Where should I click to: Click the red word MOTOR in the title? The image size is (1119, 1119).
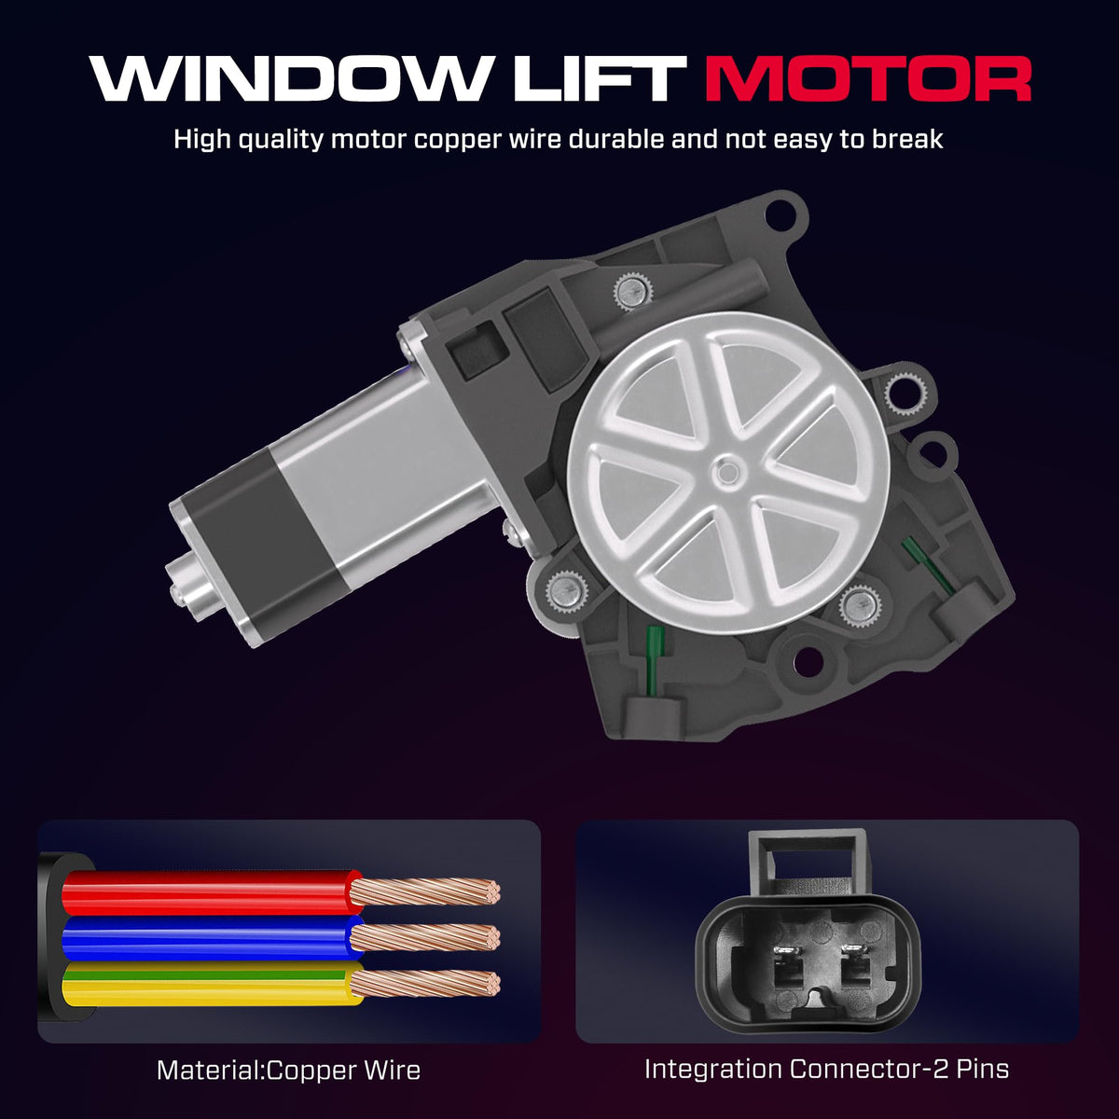coord(867,78)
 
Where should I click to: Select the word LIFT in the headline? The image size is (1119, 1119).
coord(598,78)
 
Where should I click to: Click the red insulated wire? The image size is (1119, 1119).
coord(210,892)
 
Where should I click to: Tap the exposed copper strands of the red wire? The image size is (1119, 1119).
coord(425,892)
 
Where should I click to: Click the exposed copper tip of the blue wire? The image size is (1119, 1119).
coord(425,937)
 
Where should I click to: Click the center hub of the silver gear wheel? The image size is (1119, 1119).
coord(727,472)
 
